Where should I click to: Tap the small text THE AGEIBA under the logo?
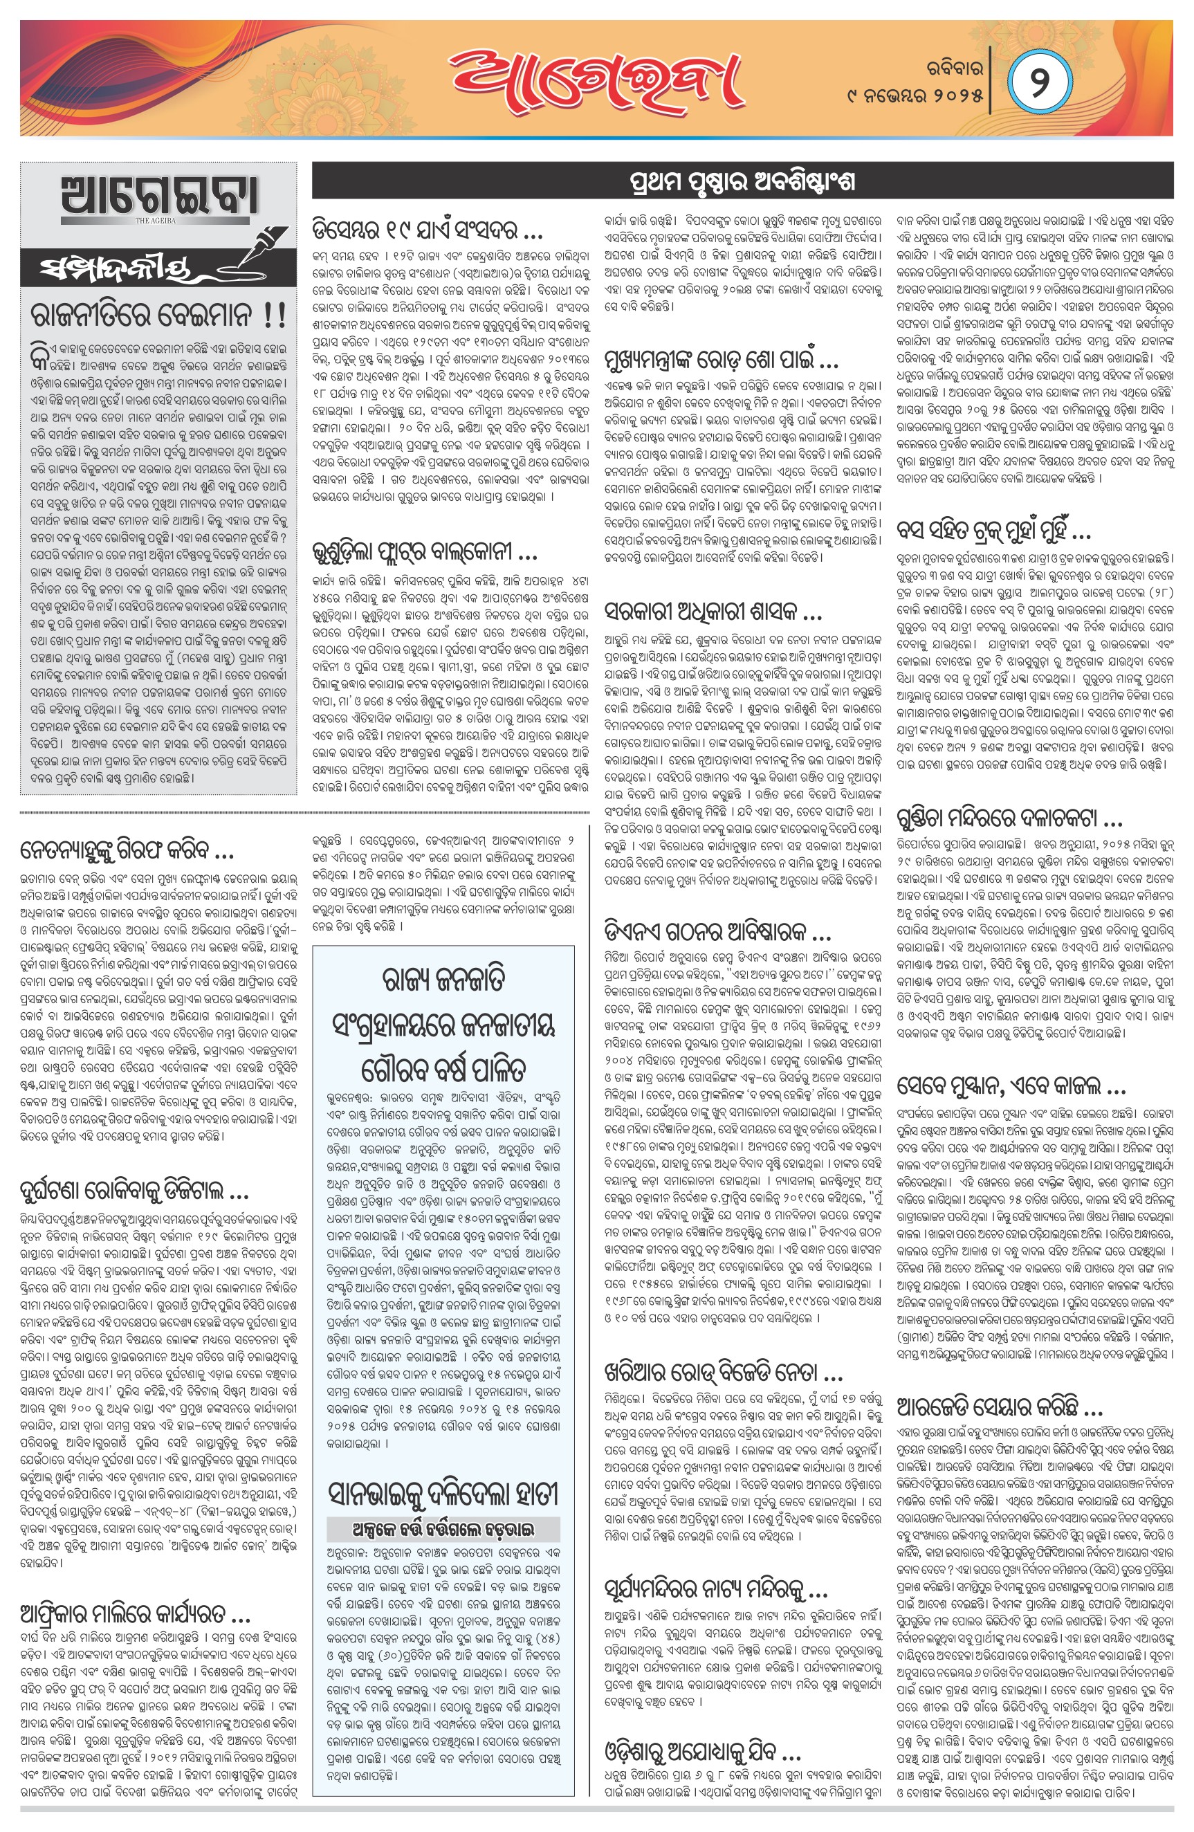(156, 220)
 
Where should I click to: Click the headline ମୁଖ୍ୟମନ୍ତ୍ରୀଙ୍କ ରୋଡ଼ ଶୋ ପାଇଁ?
(722, 360)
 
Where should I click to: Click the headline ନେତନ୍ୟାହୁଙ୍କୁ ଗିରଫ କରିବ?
(127, 850)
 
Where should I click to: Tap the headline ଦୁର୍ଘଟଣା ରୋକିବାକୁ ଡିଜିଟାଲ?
(135, 1192)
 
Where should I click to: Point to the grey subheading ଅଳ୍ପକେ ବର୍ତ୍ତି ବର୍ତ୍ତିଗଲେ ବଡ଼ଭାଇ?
(443, 1529)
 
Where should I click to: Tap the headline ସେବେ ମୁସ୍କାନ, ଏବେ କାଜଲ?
(1011, 1086)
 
